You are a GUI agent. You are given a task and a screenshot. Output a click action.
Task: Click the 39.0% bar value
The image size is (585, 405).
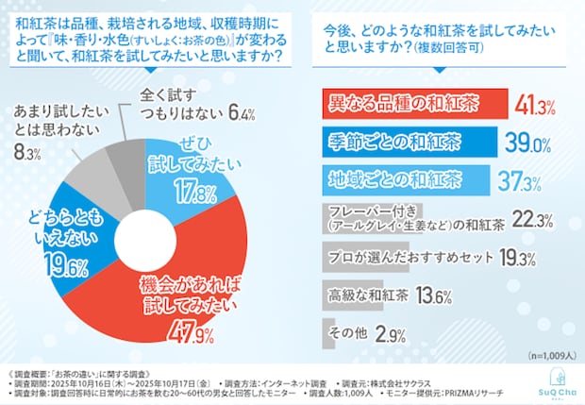coord(528,143)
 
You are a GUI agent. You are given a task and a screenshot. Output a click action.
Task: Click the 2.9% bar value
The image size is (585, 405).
coord(386,335)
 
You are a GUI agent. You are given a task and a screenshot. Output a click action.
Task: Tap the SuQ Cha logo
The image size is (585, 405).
coord(552,380)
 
